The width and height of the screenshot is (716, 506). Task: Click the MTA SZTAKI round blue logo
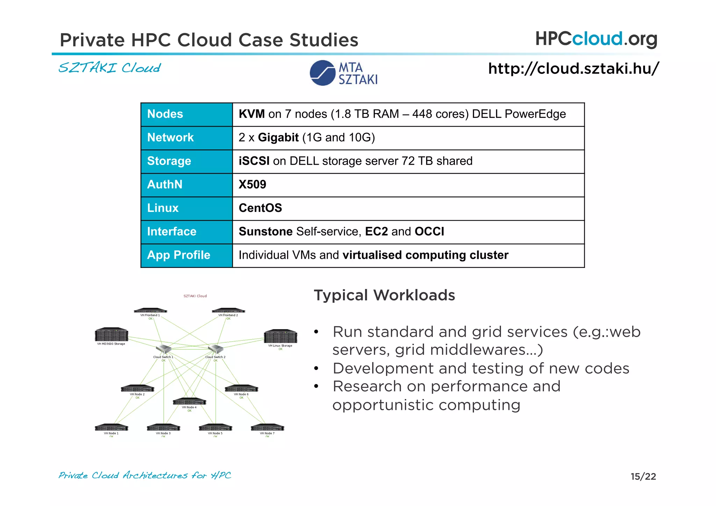pos(322,73)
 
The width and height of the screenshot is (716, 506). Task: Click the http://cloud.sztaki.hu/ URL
pos(573,69)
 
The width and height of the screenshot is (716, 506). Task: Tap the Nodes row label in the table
pos(165,114)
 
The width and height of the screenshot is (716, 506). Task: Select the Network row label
pos(170,137)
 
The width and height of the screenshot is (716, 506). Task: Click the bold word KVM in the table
pos(251,114)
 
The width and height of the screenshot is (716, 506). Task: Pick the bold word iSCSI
pos(254,161)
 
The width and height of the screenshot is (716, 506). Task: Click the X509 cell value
pos(252,184)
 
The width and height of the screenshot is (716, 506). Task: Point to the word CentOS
pos(260,208)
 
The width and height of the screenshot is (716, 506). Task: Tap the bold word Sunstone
pos(265,231)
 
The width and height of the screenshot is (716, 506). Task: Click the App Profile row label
pos(178,255)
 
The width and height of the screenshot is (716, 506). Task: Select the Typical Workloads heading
pos(384,295)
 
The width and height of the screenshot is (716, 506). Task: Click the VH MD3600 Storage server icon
pos(112,335)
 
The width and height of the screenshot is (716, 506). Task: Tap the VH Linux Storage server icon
pos(280,336)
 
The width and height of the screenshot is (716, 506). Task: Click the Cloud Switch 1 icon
pos(163,349)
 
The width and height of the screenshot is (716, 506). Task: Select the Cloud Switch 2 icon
pos(215,349)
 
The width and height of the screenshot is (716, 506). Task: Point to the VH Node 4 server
pos(189,401)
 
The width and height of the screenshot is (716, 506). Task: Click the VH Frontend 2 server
pos(228,311)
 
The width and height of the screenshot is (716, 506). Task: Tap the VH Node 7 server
pos(267,428)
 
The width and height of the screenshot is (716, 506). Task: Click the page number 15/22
pos(643,476)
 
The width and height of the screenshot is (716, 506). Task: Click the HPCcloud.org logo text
pos(596,39)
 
